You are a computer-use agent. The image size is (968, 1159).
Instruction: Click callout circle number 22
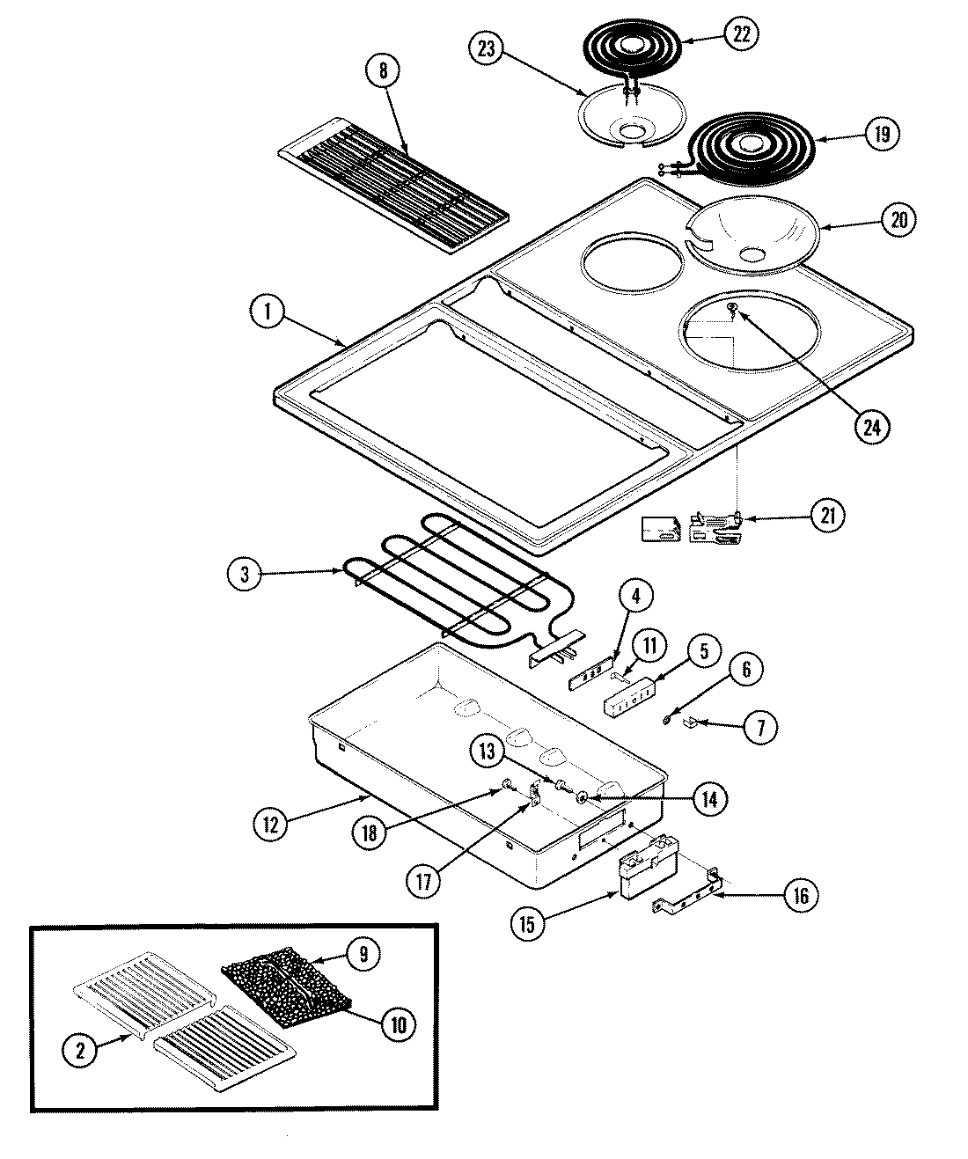point(741,33)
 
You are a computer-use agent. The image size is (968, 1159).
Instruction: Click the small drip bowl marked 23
point(629,114)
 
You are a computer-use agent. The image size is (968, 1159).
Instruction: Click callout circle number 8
point(382,71)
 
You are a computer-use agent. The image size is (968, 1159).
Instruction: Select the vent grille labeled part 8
point(392,185)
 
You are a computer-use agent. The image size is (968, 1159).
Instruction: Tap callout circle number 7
point(760,727)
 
